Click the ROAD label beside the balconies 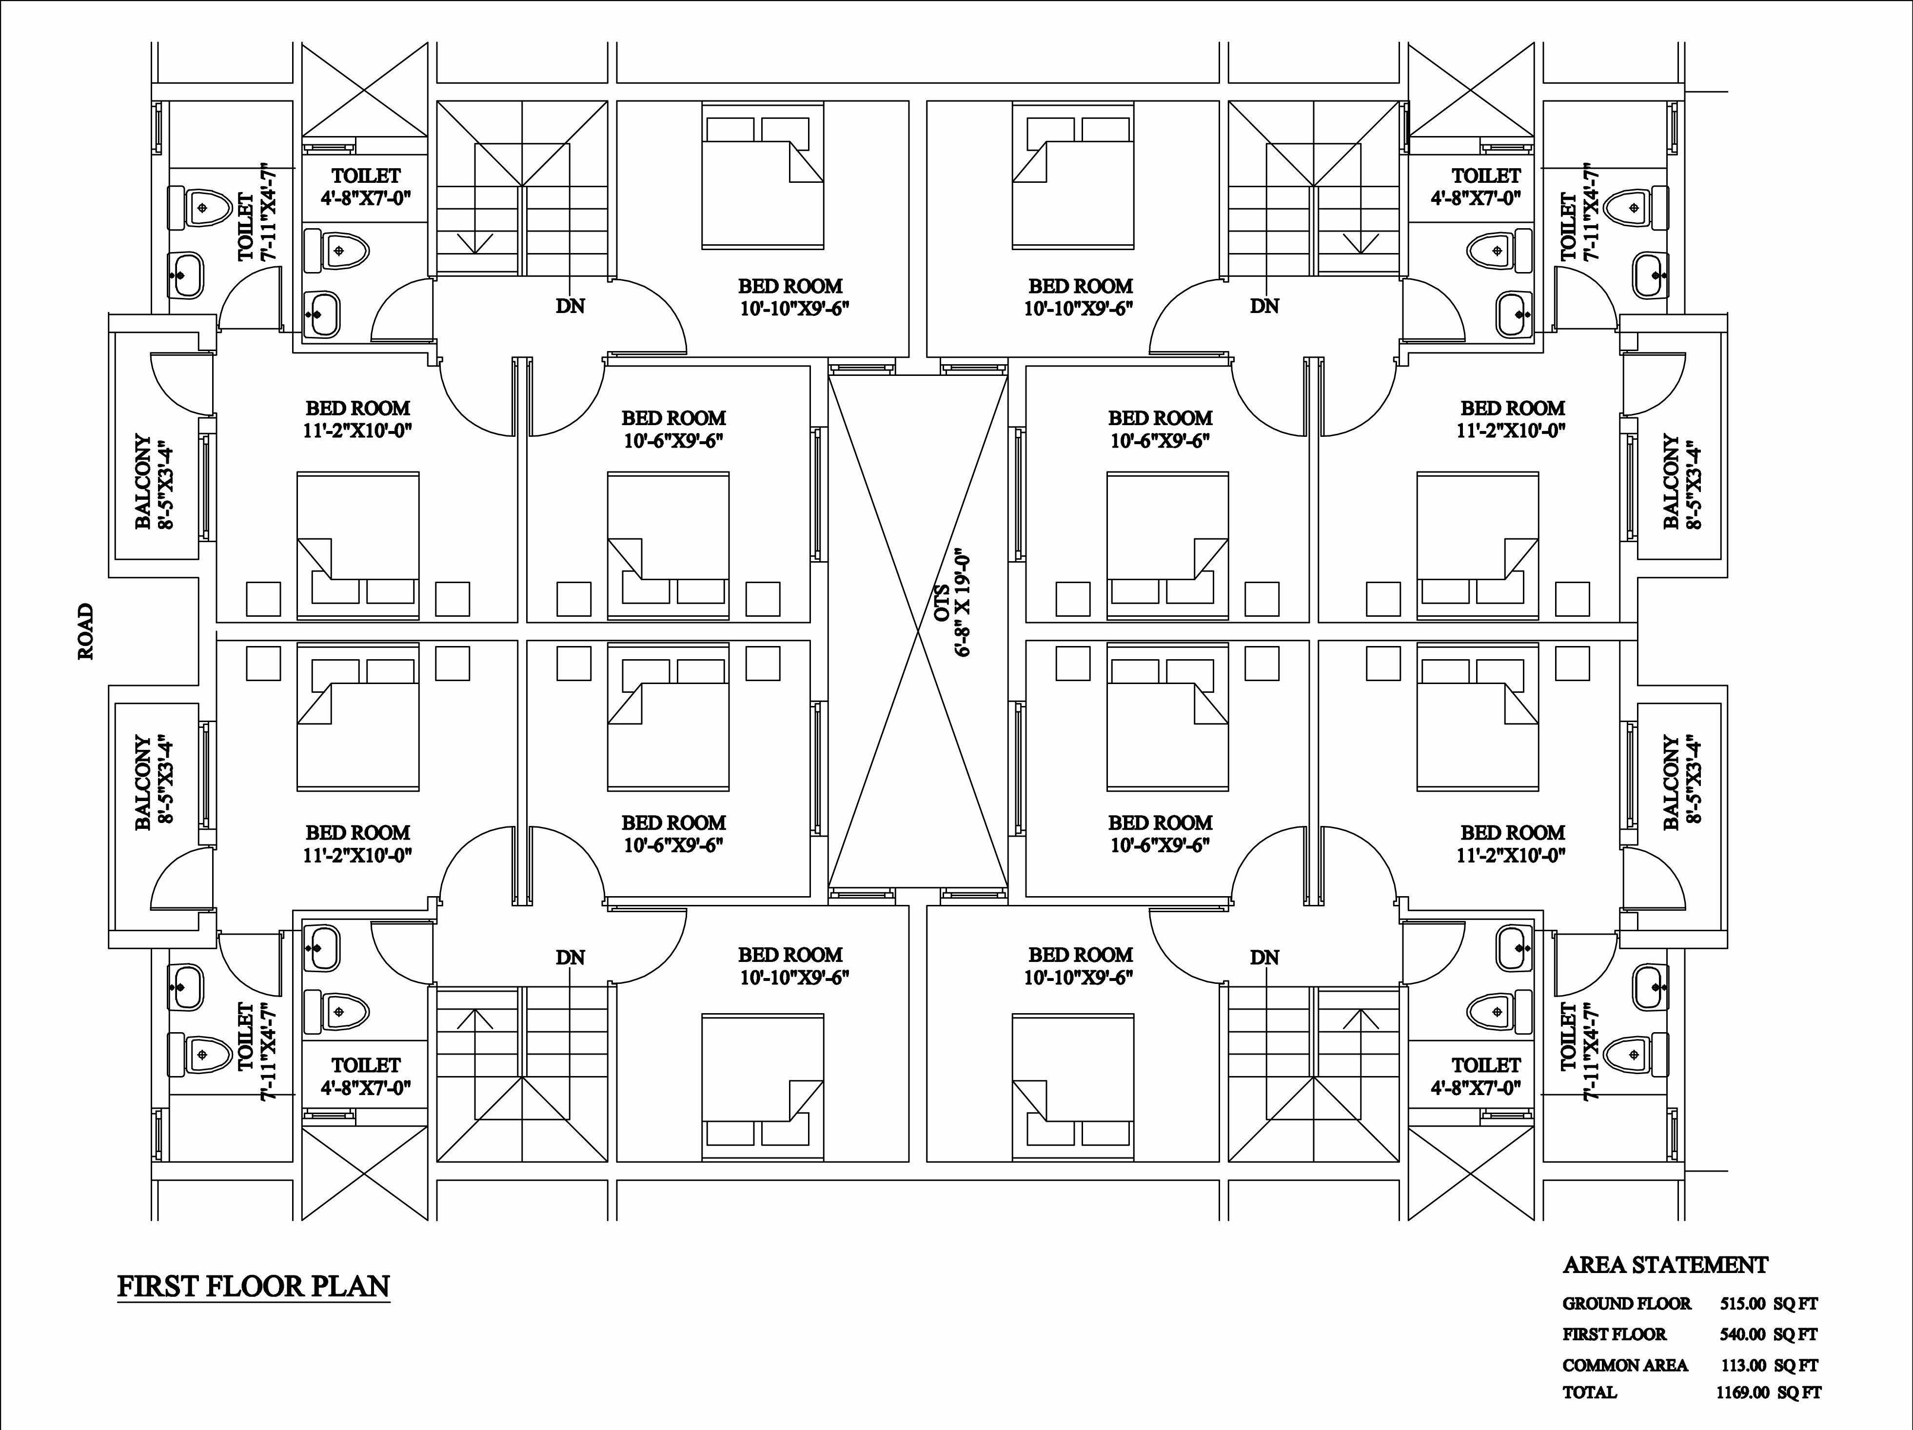[x=86, y=632]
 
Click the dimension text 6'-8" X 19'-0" [x=964, y=605]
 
